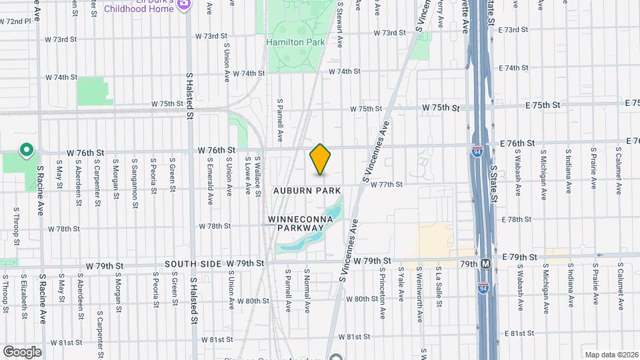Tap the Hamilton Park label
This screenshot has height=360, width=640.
(295, 42)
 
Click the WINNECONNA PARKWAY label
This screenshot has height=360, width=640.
(296, 223)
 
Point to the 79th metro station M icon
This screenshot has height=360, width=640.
(486, 263)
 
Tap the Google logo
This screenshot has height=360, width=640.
(22, 351)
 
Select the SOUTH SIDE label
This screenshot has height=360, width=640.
(193, 265)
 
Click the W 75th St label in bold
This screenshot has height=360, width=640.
(441, 108)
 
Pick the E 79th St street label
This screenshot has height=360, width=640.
(519, 257)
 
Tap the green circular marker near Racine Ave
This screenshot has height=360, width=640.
(27, 150)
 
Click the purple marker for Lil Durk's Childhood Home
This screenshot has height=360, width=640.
(185, 5)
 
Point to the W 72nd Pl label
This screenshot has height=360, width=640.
(16, 21)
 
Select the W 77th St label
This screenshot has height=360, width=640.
(387, 185)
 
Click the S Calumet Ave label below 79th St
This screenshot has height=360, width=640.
(620, 287)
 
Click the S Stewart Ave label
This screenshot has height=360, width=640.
(340, 23)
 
